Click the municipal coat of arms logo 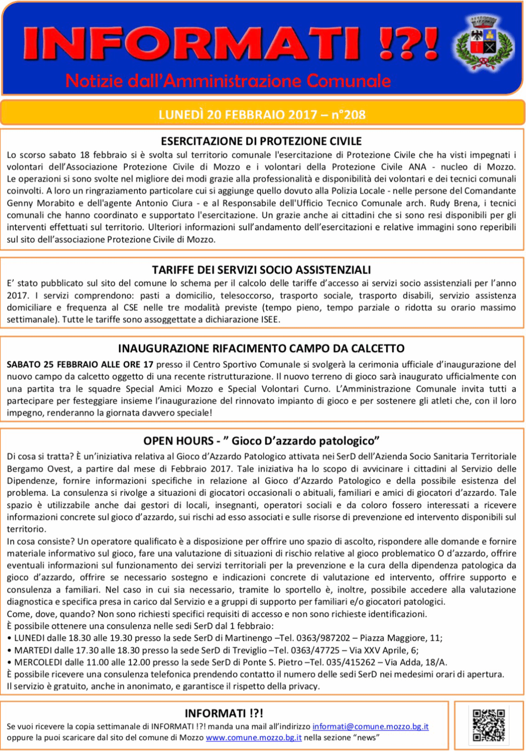tap(484, 44)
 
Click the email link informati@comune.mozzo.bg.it tap(370, 727)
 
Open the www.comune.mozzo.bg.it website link tap(253, 738)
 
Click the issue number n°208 tap(348, 114)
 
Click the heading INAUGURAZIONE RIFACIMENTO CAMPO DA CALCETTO tap(261, 348)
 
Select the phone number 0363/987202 tap(323, 638)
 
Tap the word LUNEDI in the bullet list tap(30, 638)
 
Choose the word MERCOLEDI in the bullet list tap(36, 662)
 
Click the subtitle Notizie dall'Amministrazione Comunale tap(228, 81)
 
